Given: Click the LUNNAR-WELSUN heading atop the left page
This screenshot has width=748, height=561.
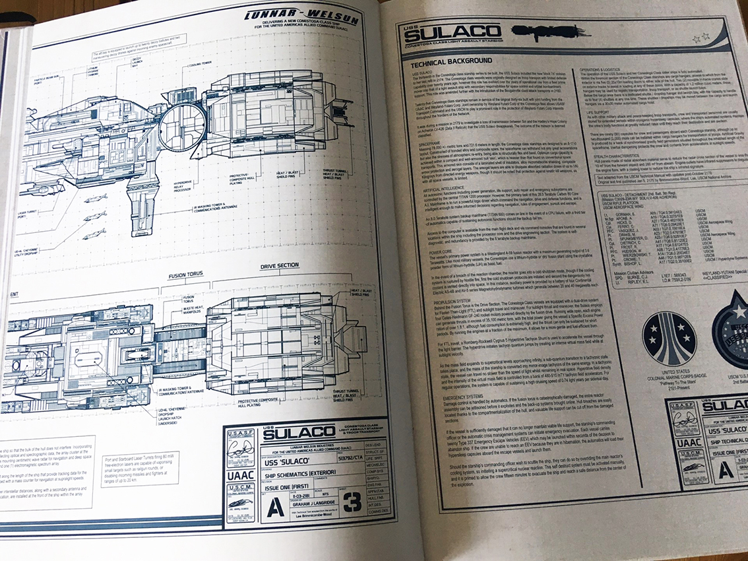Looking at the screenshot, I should click(301, 16).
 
